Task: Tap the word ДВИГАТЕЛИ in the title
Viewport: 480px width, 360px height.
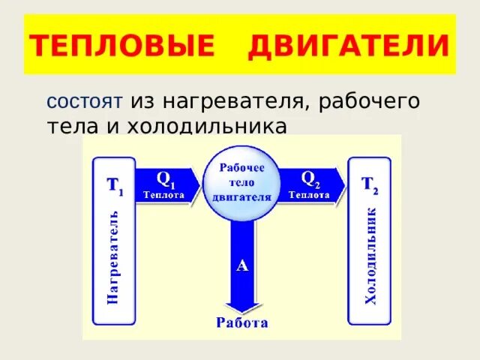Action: pos(348,48)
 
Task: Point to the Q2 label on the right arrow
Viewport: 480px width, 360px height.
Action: pos(309,178)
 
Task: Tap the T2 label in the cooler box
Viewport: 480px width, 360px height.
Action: pos(370,185)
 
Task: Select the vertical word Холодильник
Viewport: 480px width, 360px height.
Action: pos(370,257)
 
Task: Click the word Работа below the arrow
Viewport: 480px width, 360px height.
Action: pos(241,324)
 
